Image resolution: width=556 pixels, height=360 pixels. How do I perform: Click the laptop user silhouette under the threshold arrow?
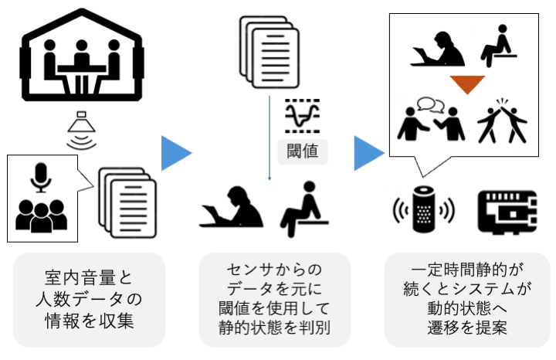[x=232, y=206]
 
